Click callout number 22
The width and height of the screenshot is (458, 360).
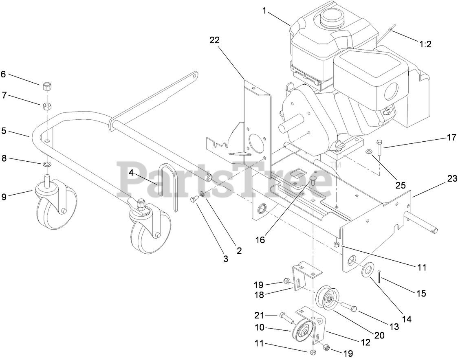(214, 40)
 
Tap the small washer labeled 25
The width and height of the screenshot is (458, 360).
(369, 151)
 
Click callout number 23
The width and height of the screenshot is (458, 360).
(452, 178)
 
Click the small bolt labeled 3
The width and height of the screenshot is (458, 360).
(194, 199)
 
